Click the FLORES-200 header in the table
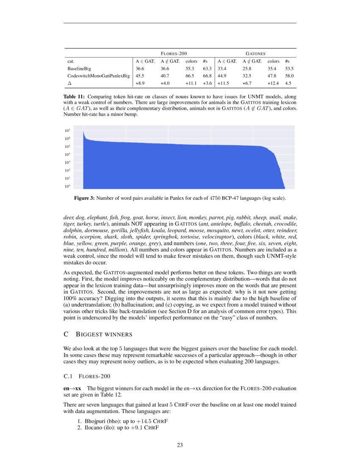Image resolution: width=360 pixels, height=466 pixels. click(174, 54)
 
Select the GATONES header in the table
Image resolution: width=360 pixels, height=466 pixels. click(256, 54)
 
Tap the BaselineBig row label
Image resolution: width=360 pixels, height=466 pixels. click(79, 68)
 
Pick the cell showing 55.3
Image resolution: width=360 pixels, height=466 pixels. click(191, 68)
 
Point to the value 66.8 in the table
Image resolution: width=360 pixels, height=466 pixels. click(207, 76)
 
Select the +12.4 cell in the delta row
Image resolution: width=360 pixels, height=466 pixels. click(274, 83)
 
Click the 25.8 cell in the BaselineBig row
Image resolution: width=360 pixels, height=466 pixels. click(248, 68)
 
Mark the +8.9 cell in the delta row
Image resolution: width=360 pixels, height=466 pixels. click(141, 83)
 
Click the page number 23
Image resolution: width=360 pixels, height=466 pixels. click(180, 445)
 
